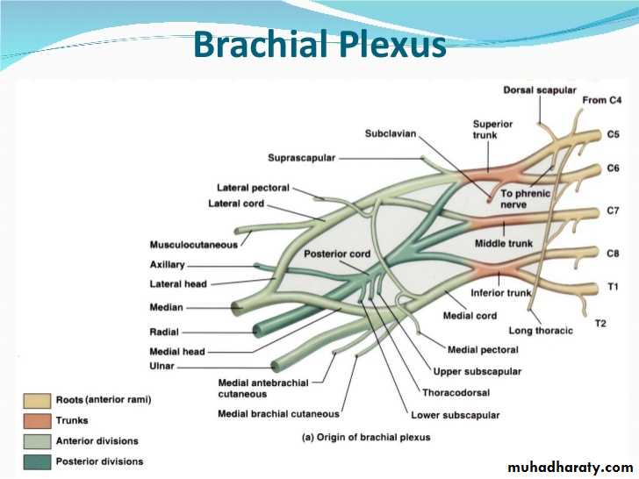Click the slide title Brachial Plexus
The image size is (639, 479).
(x=319, y=44)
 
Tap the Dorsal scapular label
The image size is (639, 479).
(x=540, y=90)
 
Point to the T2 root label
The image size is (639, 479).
(x=600, y=324)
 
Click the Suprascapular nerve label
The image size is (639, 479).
(x=301, y=158)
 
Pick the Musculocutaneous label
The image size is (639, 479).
(x=194, y=244)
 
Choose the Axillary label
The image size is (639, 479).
(x=168, y=264)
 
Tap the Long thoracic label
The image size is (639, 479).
(x=541, y=331)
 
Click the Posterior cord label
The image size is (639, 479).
(x=337, y=254)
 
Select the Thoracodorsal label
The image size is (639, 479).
(x=456, y=393)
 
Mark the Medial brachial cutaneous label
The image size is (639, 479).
(x=278, y=414)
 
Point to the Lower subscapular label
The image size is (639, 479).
(x=456, y=415)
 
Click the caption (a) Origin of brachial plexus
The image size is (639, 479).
(x=366, y=437)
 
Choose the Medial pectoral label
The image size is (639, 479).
(x=479, y=349)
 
